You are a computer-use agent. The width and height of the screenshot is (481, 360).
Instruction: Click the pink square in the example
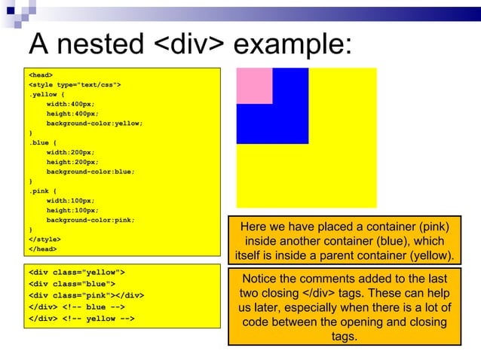254,85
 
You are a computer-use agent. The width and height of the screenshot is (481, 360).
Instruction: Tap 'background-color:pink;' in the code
90,221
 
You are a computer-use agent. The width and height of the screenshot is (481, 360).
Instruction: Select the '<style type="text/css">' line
74,84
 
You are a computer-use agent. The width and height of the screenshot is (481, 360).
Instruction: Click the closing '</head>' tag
41,249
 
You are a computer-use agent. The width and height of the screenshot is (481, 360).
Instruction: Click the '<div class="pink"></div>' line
86,295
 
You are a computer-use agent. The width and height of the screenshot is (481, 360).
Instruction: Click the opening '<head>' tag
41,75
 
